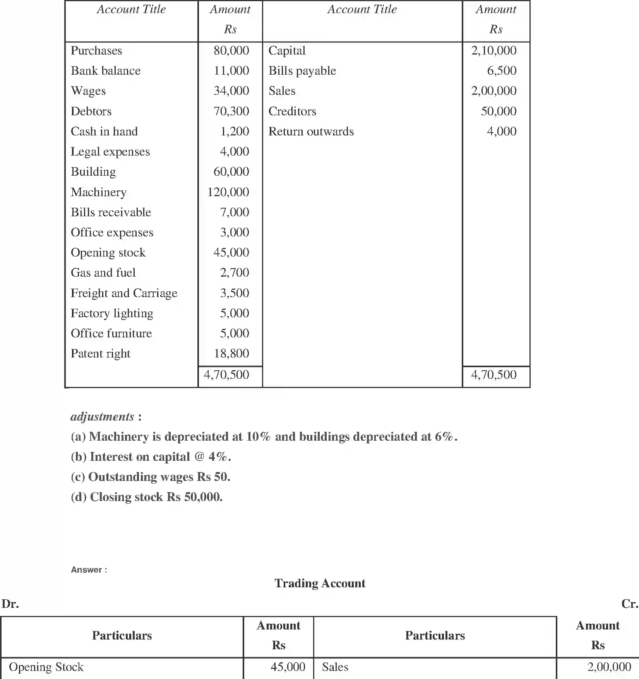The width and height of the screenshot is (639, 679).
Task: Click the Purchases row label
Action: (96, 51)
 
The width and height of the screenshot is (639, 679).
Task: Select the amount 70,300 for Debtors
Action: (231, 111)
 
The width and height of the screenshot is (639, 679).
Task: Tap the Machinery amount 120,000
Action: (228, 192)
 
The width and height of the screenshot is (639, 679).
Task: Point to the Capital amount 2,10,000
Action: (493, 51)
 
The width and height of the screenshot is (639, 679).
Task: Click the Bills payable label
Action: (302, 71)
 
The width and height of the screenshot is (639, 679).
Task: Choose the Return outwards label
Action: (311, 132)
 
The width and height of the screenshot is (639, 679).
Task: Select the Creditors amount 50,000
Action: (499, 111)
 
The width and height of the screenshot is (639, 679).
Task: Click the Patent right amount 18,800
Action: (231, 354)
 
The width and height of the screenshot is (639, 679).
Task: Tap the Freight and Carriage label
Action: (124, 293)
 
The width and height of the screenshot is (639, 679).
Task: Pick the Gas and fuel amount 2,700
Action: (234, 273)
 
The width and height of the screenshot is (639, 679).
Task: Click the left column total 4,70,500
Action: (226, 375)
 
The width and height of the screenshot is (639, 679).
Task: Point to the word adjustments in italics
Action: (102, 417)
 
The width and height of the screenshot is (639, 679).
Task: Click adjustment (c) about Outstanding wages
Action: (150, 477)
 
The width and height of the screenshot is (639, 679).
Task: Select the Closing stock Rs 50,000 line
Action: (146, 497)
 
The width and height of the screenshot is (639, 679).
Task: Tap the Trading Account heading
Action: (320, 583)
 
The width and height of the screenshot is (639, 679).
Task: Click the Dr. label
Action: (10, 604)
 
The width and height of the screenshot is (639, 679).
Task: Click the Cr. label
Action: (629, 604)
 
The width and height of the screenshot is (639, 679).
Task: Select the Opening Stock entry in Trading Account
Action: (46, 667)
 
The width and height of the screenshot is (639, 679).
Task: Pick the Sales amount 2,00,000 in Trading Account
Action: (609, 667)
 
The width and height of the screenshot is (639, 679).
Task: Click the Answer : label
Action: (89, 570)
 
